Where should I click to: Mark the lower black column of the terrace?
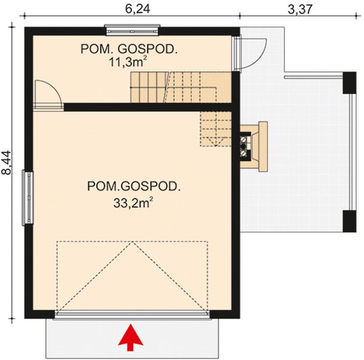(349, 221)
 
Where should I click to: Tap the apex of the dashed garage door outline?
(132, 243)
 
